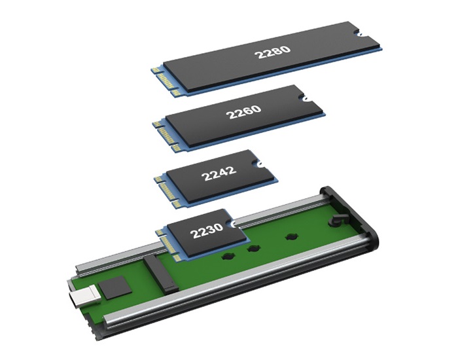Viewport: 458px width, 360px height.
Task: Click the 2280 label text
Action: [273, 52]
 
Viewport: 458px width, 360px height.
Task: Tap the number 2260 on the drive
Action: [243, 112]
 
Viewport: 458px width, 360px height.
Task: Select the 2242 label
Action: [219, 173]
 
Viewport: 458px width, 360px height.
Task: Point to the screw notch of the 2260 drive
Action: [304, 98]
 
